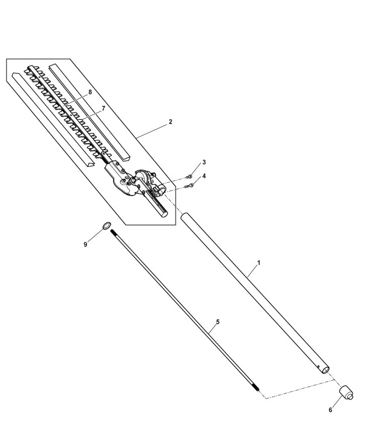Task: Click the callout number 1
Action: pos(259,263)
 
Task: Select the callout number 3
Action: pos(204,162)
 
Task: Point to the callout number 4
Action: pos(204,176)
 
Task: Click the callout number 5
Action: pos(218,322)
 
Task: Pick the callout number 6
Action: pos(330,410)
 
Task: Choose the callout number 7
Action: pos(103,109)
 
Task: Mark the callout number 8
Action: pos(90,92)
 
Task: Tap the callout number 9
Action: pos(85,245)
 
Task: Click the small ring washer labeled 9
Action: pos(107,225)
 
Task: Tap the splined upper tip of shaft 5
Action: pos(113,233)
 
